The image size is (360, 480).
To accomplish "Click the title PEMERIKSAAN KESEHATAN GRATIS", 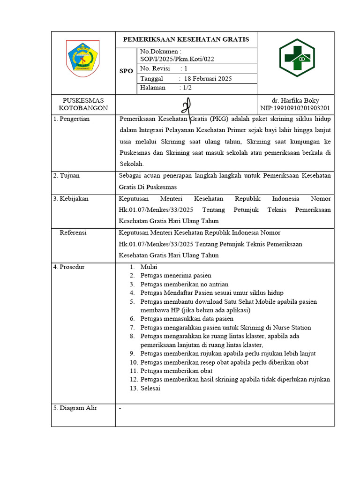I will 186,39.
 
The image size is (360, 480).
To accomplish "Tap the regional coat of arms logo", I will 82,58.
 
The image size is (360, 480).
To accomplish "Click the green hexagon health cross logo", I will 295,58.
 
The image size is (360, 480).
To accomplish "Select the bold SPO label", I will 126,71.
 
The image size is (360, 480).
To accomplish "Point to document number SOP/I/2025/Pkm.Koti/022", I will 178,59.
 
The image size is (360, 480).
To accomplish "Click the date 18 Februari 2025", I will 208,79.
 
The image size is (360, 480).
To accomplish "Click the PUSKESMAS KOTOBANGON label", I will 83,104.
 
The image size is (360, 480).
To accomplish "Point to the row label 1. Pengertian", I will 71,119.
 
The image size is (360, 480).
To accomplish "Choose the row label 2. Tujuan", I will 66,175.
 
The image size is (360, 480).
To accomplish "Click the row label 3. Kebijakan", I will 71,199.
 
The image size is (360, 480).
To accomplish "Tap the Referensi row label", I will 73,232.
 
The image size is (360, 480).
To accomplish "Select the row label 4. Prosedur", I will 69,267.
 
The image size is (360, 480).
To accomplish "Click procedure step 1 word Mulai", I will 149,267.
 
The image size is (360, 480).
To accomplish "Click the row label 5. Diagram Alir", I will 75,408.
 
